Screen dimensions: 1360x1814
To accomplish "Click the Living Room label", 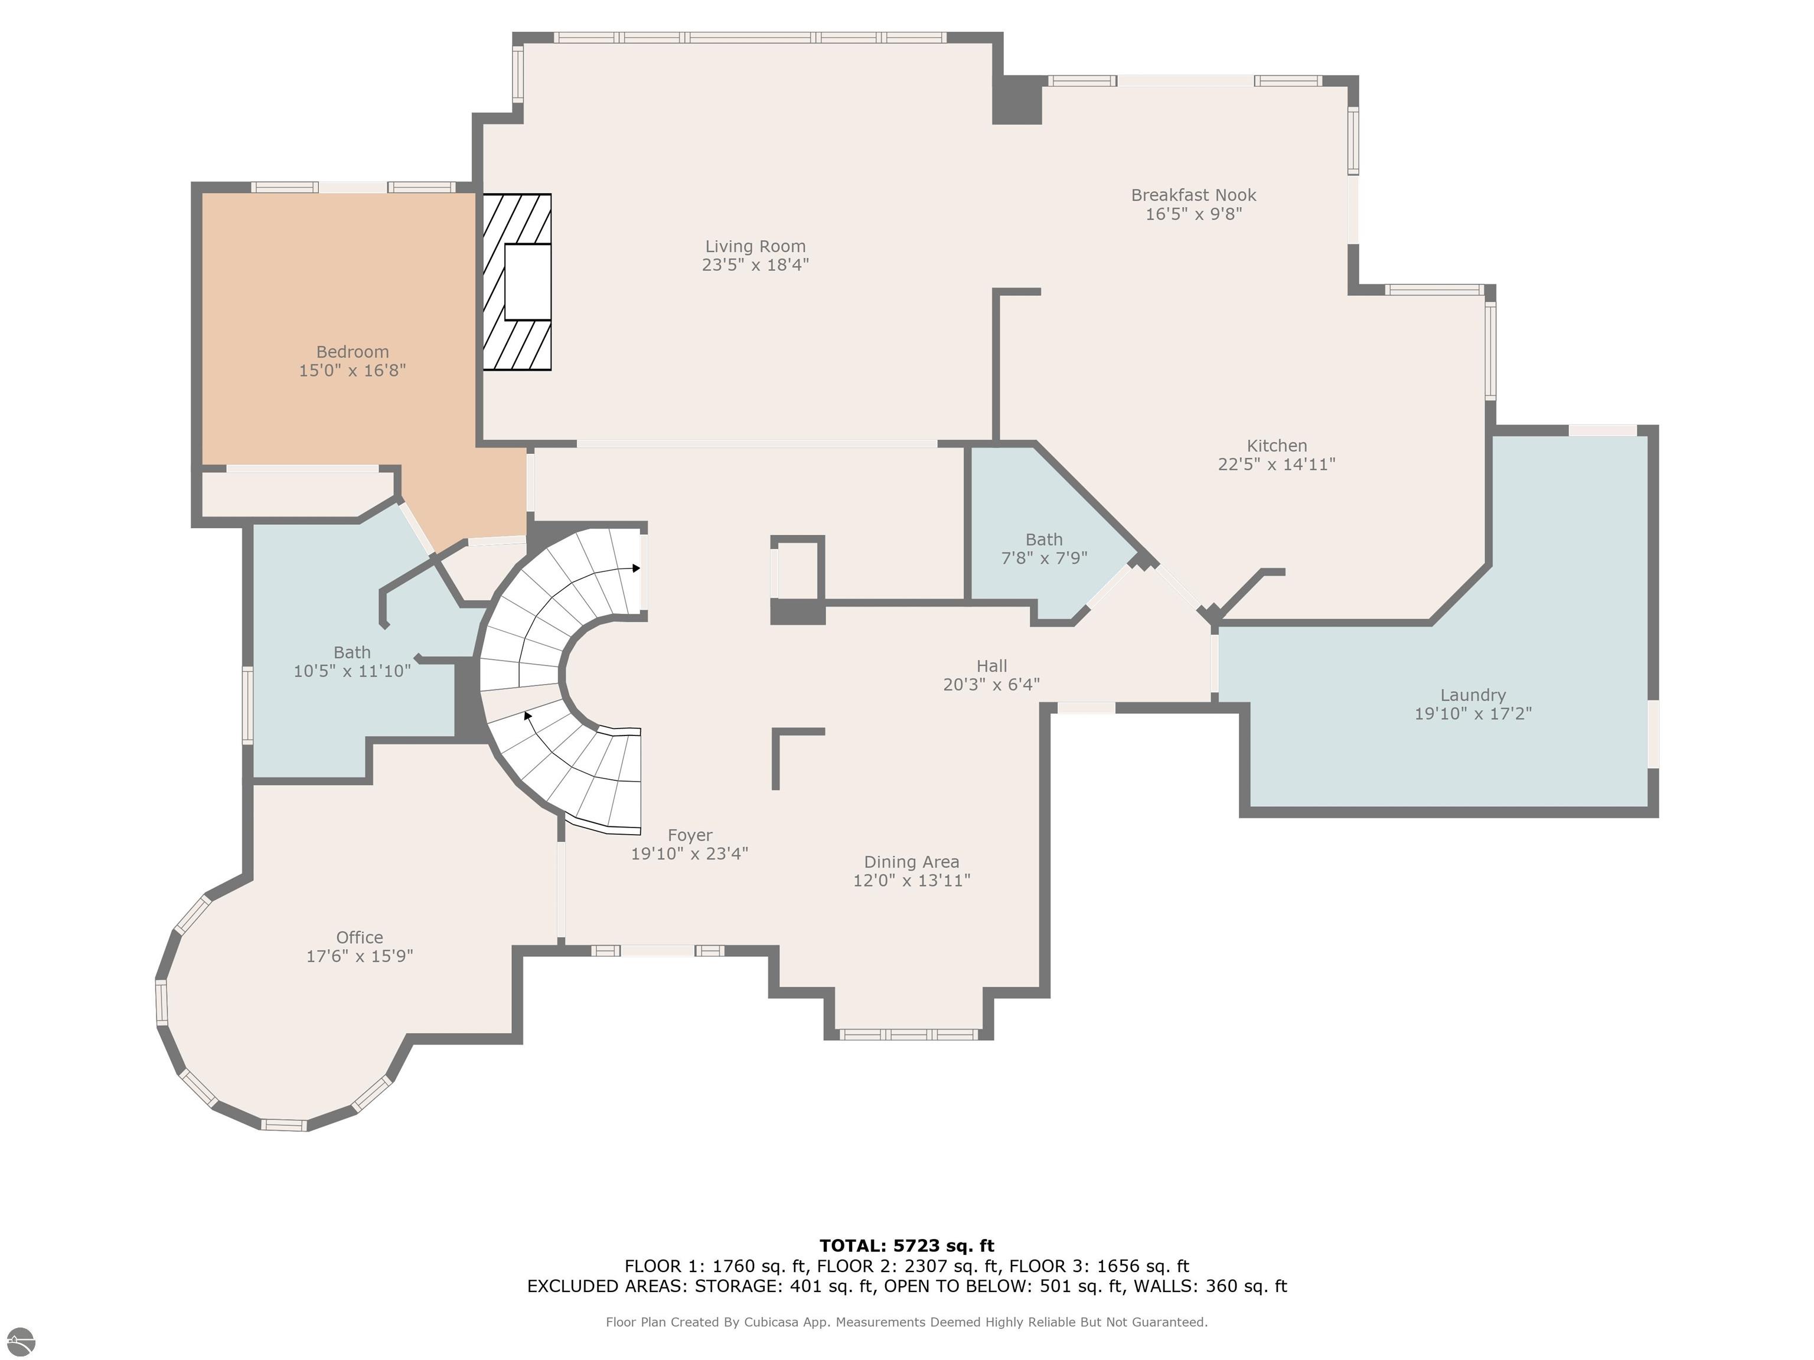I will coord(755,246).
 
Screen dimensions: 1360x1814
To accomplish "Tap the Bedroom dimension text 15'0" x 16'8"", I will coord(352,371).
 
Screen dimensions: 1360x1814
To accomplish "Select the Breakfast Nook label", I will coord(1193,195).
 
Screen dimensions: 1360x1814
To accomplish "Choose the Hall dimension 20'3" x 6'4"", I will coord(991,685).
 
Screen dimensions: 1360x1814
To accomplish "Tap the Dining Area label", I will coord(911,862).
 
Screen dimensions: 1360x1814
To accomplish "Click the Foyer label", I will coord(689,835).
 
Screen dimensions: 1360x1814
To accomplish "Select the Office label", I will coord(359,937).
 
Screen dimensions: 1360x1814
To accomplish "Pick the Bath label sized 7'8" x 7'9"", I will coord(1043,540).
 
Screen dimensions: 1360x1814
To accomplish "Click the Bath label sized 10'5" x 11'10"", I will coord(352,652).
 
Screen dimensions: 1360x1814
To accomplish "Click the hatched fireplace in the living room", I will coord(517,282).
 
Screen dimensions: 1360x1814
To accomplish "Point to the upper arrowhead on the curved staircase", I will coord(637,567).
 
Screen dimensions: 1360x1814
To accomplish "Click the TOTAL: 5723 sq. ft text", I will coord(906,1246).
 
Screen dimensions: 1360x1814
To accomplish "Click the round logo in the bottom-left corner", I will coord(19,1341).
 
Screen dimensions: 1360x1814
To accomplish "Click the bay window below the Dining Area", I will coord(909,1035).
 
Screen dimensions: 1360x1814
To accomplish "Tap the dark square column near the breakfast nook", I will coord(1017,100).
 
